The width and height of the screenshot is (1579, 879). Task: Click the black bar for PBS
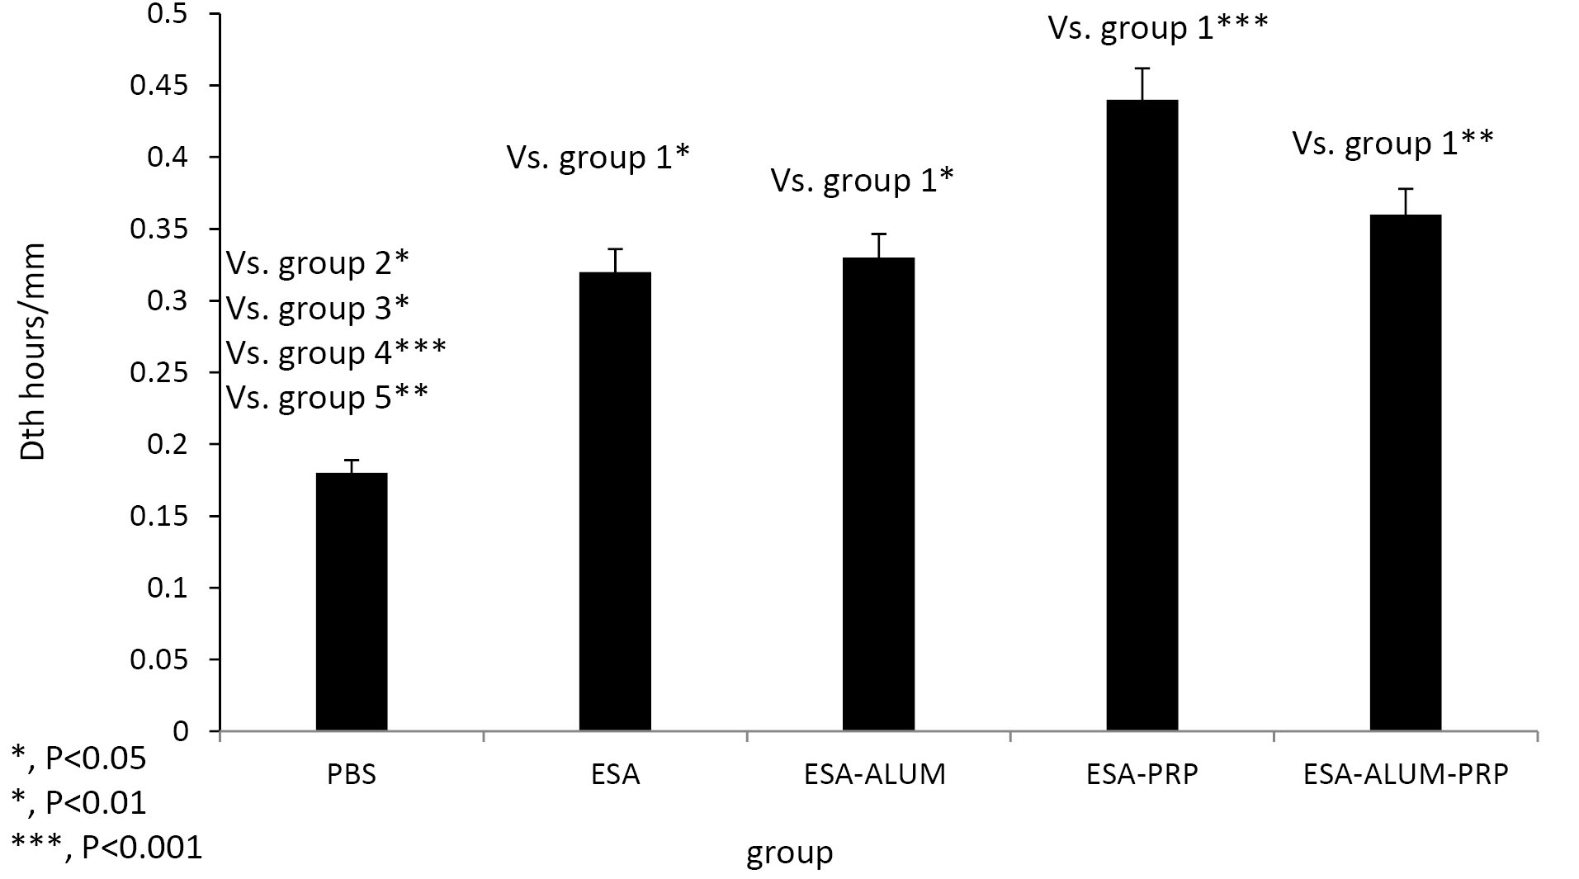[352, 602]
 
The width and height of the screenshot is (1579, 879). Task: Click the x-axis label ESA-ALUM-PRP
[1406, 774]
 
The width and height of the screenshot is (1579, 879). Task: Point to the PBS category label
[352, 775]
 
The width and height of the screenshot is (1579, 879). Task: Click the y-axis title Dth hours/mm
[34, 352]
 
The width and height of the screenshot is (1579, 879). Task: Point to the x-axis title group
[789, 853]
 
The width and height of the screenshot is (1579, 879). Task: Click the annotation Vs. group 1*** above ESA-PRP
[1157, 28]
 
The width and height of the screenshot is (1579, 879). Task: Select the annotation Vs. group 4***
[336, 353]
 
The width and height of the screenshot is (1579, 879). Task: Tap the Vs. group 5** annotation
[327, 398]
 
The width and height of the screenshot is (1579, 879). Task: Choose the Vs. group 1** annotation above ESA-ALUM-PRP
[1392, 144]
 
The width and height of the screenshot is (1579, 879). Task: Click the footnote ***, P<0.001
[106, 847]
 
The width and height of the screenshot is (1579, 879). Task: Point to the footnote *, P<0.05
[79, 758]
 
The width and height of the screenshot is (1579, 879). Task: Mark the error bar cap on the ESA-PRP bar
[1142, 69]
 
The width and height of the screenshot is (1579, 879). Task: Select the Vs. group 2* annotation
[318, 264]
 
